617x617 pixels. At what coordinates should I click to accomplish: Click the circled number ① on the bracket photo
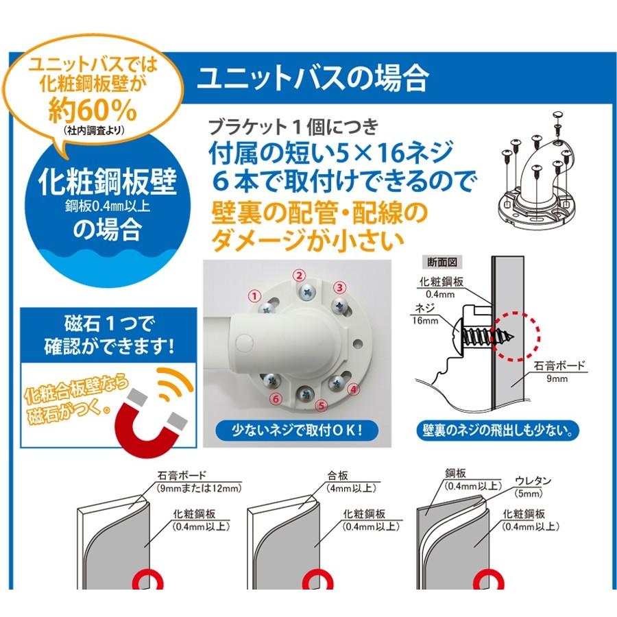(255, 296)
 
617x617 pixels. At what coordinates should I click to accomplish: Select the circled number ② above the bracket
(299, 275)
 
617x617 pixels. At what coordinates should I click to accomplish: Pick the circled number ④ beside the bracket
(354, 389)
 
